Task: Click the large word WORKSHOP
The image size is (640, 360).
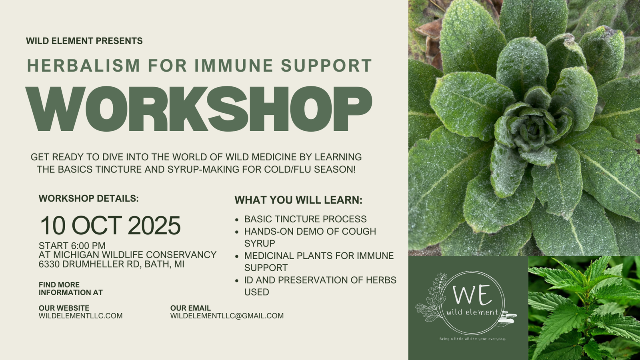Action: (x=198, y=108)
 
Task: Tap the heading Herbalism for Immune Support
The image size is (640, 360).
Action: (x=200, y=65)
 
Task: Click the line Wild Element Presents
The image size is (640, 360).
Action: (x=84, y=41)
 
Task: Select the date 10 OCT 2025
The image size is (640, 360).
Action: (x=110, y=226)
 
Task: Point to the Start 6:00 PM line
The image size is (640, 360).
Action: (x=72, y=246)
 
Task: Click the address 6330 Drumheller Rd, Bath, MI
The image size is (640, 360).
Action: (x=112, y=264)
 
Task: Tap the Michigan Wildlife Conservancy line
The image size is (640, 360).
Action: (x=128, y=255)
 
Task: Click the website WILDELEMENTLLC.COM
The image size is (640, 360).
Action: (x=80, y=316)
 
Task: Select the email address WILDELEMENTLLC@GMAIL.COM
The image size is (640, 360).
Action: (x=227, y=316)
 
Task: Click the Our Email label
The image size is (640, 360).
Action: (x=190, y=308)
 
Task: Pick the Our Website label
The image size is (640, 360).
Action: (x=64, y=308)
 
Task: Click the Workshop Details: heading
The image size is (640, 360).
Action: (x=88, y=198)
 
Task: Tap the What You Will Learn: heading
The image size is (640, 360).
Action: (x=298, y=200)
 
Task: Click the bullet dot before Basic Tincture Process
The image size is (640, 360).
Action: (x=236, y=220)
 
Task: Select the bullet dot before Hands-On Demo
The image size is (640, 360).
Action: (x=236, y=232)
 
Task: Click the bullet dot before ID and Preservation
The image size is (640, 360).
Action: (x=236, y=281)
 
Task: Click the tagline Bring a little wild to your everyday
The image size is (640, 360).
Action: (x=472, y=339)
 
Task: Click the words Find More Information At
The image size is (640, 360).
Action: (x=70, y=288)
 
